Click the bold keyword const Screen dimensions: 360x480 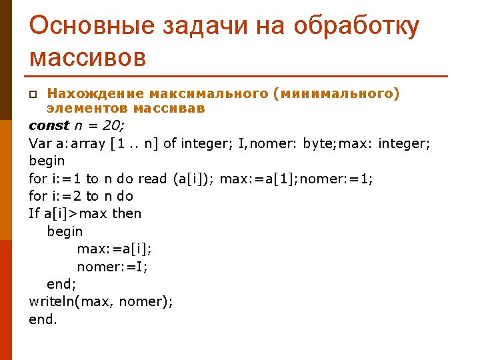[49, 125]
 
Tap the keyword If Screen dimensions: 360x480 [35, 213]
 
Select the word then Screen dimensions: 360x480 [127, 213]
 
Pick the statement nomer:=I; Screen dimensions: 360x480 [113, 267]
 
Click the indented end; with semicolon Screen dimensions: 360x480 [61, 284]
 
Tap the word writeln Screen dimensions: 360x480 [52, 301]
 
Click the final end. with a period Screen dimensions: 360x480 [43, 319]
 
